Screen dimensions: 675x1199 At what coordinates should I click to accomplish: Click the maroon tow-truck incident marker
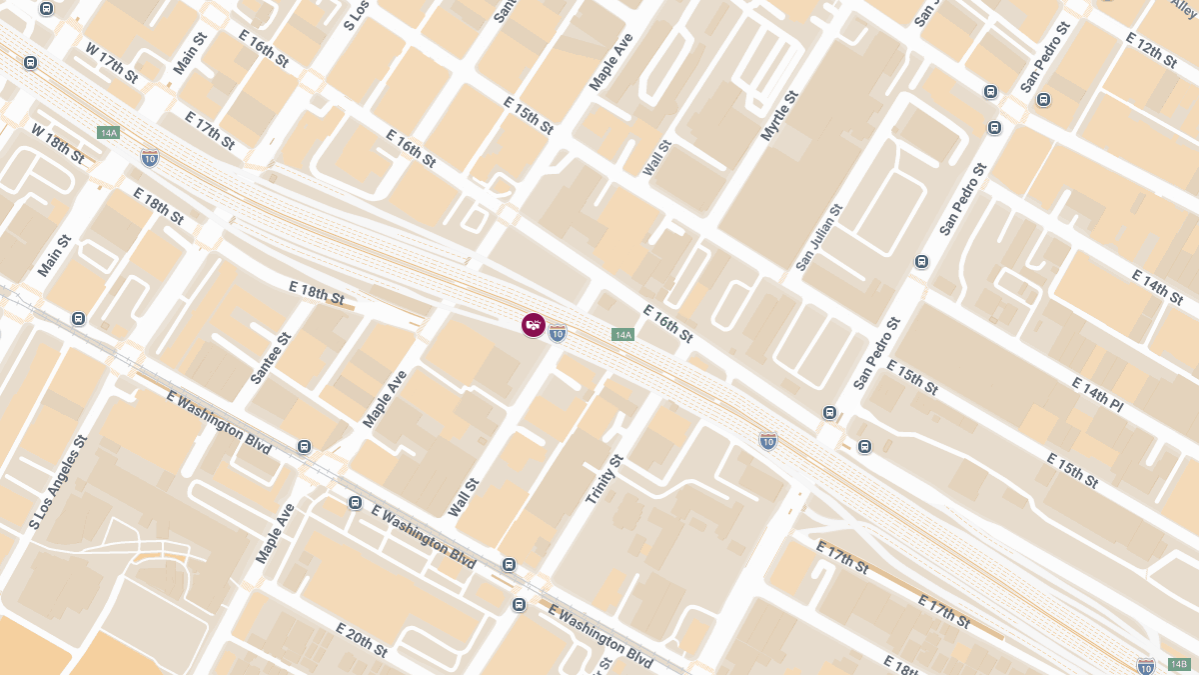tap(534, 325)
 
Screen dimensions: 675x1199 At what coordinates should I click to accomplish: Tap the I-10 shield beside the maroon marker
tap(558, 333)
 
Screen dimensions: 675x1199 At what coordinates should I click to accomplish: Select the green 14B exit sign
tap(1178, 664)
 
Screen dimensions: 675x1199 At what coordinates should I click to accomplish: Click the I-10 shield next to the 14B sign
tap(1146, 666)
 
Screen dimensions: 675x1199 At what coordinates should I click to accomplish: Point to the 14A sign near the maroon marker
tap(622, 335)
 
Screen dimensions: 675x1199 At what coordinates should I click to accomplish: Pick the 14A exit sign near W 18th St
tap(109, 133)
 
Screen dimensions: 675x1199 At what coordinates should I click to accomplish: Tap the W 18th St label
tap(57, 144)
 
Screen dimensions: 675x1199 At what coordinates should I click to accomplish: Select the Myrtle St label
tap(780, 115)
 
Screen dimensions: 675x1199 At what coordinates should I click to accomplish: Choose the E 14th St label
tap(1157, 287)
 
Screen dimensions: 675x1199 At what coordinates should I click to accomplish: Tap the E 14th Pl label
tap(1097, 395)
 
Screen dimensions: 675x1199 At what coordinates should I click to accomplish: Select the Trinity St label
tap(603, 478)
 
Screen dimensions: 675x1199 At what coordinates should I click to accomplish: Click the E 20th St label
tap(362, 640)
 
